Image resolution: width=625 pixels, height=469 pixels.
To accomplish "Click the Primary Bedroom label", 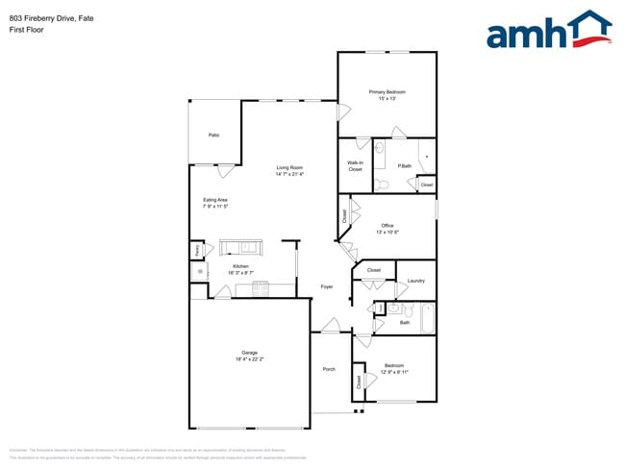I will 387,91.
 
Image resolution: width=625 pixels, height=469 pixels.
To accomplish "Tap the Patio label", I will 213,135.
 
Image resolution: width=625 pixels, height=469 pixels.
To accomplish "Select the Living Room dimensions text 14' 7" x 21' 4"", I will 289,175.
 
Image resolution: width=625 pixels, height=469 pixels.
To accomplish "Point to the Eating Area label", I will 214,200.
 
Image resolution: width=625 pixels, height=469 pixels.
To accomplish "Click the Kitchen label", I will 240,266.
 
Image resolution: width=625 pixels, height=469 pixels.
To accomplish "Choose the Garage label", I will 248,353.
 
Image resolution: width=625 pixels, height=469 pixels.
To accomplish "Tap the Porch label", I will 329,369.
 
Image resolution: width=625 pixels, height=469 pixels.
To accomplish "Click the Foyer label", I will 327,286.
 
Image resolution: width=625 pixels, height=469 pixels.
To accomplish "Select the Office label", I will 387,226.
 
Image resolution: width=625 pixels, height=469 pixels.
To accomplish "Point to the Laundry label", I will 415,281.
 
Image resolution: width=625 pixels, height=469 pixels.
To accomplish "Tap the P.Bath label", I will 405,165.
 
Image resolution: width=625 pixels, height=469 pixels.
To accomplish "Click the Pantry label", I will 197,249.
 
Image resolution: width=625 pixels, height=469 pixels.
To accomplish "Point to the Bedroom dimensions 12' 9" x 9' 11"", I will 394,372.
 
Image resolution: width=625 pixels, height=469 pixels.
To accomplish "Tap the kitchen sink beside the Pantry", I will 201,272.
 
